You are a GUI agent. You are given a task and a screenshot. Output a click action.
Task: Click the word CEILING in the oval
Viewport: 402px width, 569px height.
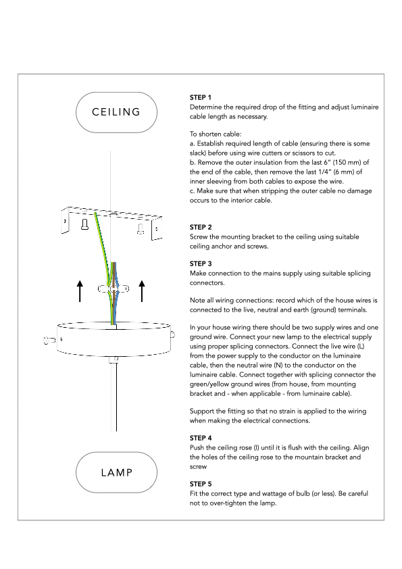(116, 112)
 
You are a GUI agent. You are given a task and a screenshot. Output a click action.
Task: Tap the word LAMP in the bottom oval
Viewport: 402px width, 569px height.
(117, 472)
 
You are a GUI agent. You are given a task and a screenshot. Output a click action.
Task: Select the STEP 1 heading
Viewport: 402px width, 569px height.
(200, 97)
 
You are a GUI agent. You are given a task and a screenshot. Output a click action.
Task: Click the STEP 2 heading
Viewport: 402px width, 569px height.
(201, 227)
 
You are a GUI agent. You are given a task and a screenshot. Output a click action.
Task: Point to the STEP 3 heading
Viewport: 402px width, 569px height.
(201, 264)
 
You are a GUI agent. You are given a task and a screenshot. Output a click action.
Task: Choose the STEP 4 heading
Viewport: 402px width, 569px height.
(201, 438)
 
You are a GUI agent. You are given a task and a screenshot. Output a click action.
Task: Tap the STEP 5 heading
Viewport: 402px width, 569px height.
(201, 484)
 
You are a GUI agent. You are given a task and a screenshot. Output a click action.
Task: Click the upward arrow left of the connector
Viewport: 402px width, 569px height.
(80, 291)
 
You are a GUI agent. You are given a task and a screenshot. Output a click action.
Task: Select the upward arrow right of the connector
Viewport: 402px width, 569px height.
(142, 291)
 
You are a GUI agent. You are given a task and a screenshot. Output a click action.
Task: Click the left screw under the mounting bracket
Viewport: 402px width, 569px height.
(85, 224)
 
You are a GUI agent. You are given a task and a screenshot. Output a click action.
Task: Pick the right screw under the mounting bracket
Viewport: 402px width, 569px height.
(141, 228)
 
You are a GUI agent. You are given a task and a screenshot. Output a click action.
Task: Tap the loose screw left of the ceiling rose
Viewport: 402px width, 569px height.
(49, 340)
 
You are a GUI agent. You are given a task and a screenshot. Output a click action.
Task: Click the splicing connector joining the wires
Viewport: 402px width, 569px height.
(114, 289)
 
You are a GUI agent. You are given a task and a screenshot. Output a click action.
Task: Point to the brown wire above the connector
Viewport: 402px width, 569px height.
(114, 274)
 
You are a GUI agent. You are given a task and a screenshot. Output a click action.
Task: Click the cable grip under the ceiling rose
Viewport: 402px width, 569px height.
(114, 360)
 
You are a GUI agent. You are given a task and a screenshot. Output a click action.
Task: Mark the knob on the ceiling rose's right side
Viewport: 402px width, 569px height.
(173, 335)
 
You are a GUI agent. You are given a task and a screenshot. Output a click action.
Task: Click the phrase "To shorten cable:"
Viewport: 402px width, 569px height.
(216, 134)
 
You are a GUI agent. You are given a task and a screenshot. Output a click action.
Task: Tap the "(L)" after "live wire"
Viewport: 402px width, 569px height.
(361, 346)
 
